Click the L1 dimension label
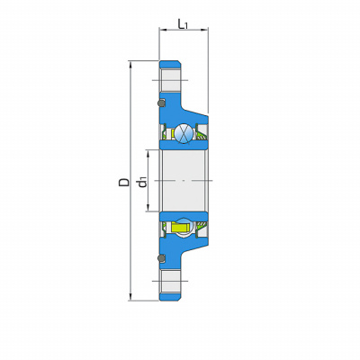pos(183,24)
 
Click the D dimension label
pos(124,182)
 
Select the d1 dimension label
pos(141,182)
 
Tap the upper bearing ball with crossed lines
pos(184,132)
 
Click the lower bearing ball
pos(183,227)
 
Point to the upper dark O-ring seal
pos(162,103)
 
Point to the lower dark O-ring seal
pos(162,258)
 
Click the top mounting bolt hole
pos(170,80)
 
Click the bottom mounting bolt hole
pos(170,281)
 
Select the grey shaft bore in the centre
pos(184,180)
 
